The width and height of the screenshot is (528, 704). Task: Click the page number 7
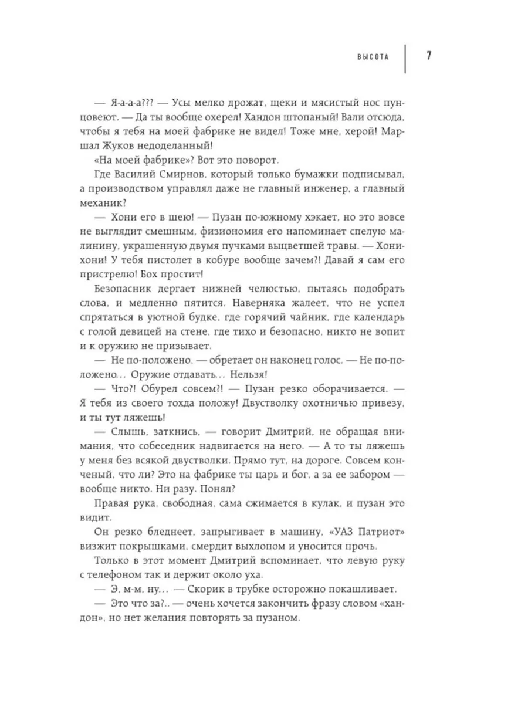429,57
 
